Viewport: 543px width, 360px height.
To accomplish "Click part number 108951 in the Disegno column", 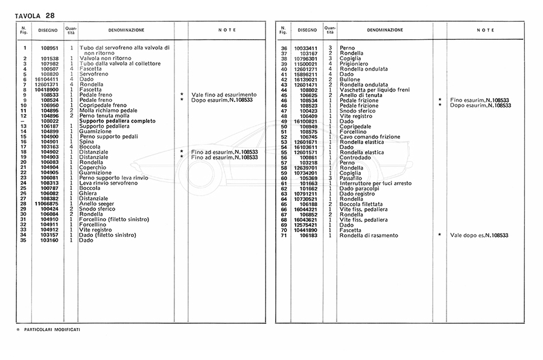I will pos(49,48).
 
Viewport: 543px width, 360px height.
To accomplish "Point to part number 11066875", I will pos(46,203).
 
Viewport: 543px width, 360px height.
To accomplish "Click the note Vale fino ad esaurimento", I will pos(223,95).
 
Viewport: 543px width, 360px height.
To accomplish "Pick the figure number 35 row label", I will pos(24,240).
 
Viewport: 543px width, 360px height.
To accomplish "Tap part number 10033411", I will pos(305,48).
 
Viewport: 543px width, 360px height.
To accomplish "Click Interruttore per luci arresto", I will pos(375,183).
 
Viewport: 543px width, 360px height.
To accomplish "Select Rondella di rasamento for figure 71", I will pos(369,235).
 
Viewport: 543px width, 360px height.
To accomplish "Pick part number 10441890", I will pos(305,230).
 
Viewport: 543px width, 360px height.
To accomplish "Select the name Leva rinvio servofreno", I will pos(109,183).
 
